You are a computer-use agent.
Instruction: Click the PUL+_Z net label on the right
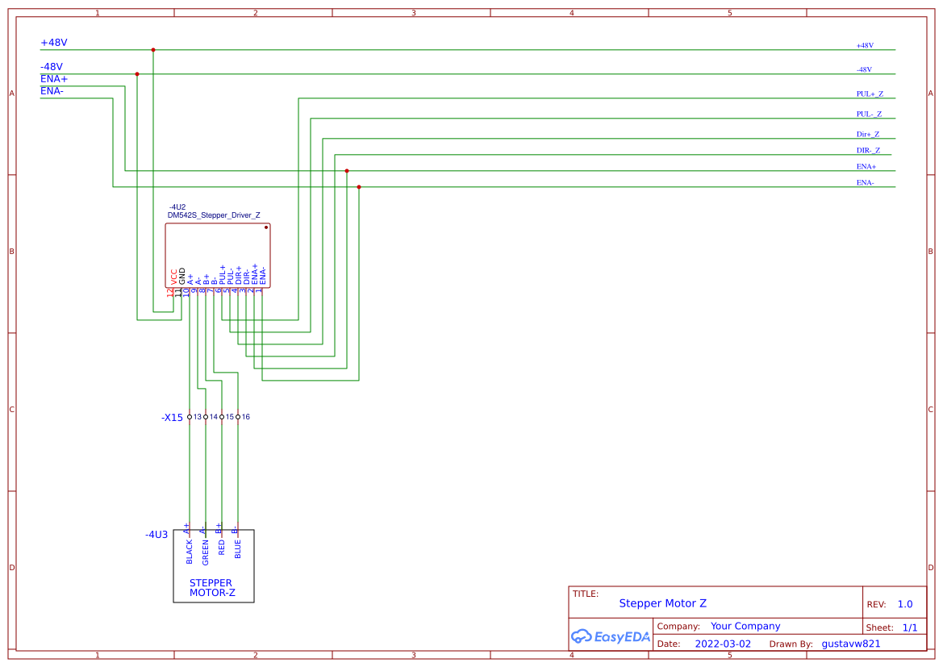click(869, 94)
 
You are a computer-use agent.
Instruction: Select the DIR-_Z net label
click(868, 151)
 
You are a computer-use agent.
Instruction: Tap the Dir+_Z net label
click(867, 135)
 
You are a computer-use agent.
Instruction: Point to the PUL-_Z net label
click(869, 115)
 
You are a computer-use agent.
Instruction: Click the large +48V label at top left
click(54, 43)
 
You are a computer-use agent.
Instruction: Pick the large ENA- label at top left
click(52, 91)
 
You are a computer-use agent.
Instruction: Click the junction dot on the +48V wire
click(153, 50)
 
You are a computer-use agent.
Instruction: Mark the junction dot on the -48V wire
click(137, 74)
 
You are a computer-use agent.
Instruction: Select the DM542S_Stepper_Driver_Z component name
click(214, 215)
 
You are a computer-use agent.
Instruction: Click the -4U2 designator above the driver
click(177, 207)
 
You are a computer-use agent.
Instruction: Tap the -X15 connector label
click(172, 418)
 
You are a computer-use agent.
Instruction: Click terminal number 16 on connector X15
click(245, 417)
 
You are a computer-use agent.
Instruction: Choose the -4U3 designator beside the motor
click(156, 535)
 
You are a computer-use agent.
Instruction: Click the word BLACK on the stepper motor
click(190, 552)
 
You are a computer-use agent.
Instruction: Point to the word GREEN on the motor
click(206, 552)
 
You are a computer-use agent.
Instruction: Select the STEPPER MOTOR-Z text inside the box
click(211, 588)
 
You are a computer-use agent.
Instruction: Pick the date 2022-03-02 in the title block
click(722, 644)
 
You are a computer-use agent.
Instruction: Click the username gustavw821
click(850, 644)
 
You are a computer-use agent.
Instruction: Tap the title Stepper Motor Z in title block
click(662, 603)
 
